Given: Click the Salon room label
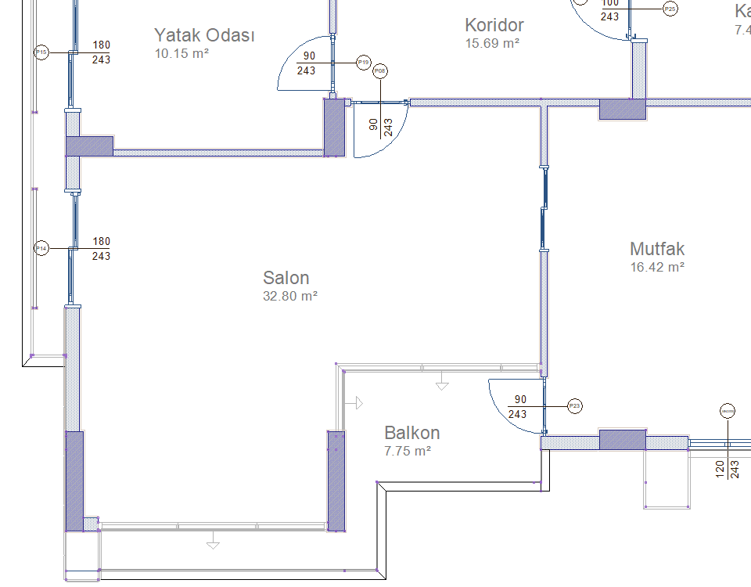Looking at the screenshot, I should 286,278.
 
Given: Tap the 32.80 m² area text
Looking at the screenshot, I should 290,297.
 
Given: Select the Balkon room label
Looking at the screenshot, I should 411,433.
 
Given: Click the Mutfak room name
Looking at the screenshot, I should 657,249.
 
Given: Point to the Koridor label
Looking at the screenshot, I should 494,25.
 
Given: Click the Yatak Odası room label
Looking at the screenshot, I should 204,35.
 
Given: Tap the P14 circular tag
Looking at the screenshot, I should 42,248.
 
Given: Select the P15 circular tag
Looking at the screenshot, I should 42,52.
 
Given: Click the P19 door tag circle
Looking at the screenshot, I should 363,63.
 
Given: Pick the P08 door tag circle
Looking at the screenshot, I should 380,71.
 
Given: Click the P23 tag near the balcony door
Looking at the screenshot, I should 575,406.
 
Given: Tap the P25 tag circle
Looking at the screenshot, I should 670,9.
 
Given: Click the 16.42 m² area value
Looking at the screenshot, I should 657,267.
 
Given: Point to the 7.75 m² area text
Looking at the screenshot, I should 408,451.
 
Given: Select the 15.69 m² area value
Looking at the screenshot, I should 493,44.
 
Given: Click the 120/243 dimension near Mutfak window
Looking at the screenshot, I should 727,468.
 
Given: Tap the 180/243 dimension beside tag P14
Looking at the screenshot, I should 102,248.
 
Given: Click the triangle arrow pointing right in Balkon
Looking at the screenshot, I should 358,402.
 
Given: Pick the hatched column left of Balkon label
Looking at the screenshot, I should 336,480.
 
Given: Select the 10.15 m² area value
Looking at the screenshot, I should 181,53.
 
